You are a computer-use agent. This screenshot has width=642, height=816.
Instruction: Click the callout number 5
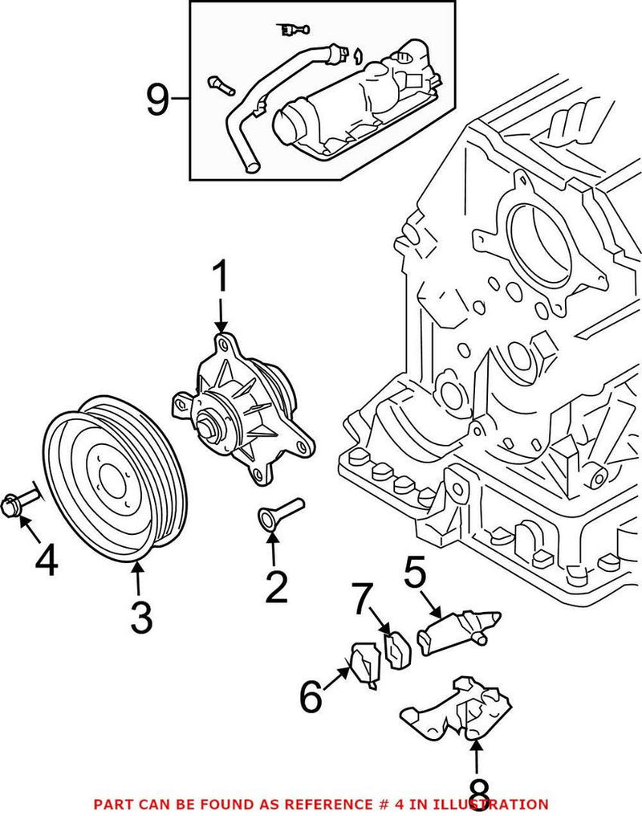click(416, 574)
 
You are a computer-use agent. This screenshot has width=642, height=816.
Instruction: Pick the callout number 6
click(311, 696)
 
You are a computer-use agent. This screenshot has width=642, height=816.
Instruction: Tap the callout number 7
click(364, 598)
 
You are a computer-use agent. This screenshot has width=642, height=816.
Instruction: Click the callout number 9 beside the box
click(158, 100)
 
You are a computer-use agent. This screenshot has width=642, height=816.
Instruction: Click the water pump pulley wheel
click(113, 479)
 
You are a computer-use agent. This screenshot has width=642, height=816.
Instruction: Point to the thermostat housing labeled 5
click(457, 626)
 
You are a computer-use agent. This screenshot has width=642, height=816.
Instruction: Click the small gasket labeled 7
click(398, 651)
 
